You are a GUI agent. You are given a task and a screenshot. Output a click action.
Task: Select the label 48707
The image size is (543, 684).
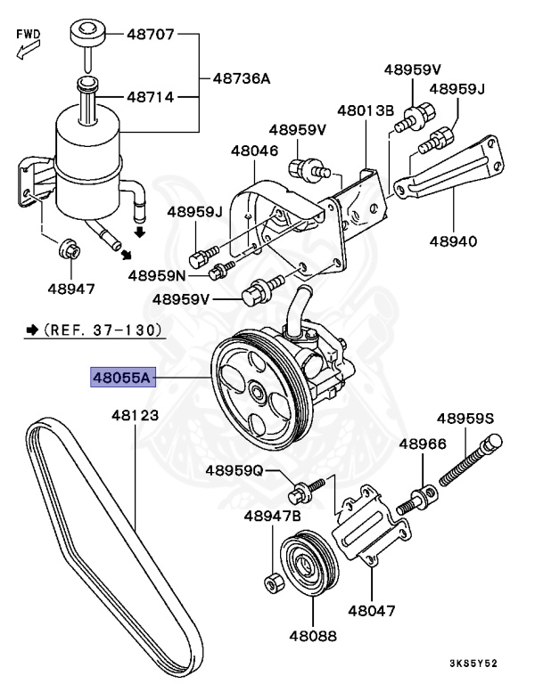[x=152, y=36]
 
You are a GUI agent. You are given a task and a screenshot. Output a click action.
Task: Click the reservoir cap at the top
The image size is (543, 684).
[x=86, y=33]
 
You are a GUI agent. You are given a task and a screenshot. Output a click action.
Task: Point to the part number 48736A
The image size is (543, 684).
[x=241, y=78]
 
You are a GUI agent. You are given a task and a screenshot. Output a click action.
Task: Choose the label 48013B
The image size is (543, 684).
[x=365, y=111]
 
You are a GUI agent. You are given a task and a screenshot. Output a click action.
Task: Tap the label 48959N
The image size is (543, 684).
[x=156, y=275]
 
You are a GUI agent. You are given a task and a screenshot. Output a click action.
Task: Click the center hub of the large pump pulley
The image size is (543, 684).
[x=257, y=393]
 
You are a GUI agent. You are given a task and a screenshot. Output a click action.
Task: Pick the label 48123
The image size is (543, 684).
[x=135, y=416]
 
